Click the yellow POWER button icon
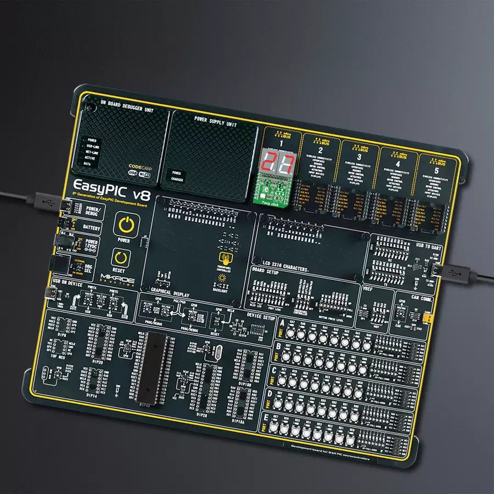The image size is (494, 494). click(x=126, y=226)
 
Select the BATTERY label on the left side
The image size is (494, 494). click(x=92, y=226)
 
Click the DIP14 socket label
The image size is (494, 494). click(x=92, y=394)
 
